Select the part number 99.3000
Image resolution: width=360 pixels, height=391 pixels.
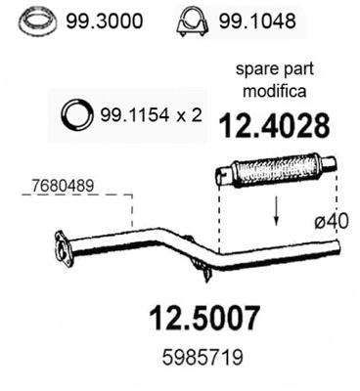click(x=103, y=19)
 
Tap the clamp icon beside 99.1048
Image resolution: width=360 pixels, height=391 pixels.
click(x=193, y=19)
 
